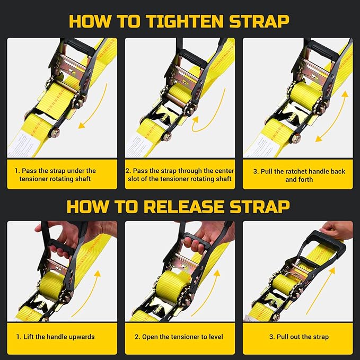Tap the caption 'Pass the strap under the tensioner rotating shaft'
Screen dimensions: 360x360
click(62, 175)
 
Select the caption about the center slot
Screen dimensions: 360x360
click(180, 175)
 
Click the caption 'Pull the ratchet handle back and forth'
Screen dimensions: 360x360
click(298, 175)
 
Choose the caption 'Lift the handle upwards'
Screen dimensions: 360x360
click(55, 337)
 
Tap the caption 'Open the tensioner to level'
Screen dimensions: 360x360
click(179, 337)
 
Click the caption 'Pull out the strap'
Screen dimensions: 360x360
click(298, 337)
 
